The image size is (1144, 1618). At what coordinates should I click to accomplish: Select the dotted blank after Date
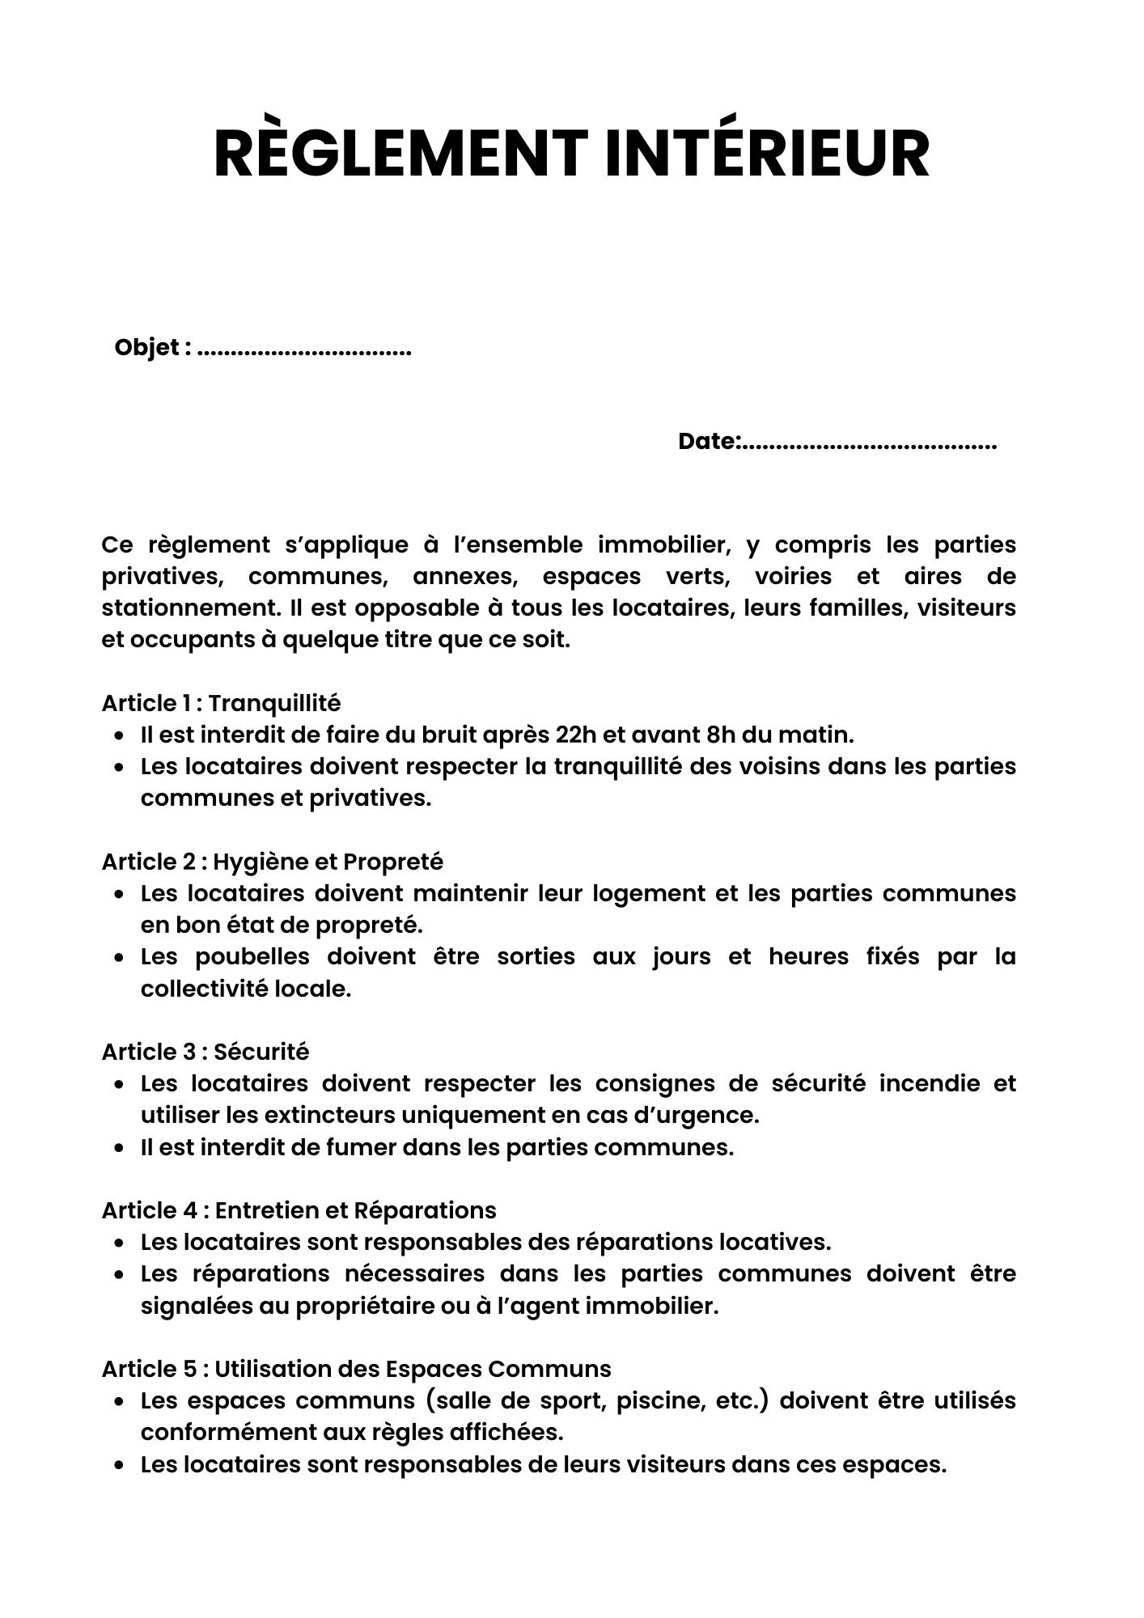871,444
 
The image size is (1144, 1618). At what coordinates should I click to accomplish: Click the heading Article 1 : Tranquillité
221,703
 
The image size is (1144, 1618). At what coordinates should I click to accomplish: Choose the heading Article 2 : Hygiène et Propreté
272,862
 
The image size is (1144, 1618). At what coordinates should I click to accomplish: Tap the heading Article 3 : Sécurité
205,1052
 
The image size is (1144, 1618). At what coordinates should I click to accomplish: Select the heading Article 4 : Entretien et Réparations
299,1210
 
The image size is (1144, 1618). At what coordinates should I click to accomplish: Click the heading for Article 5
356,1369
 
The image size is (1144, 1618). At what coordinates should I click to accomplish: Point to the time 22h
577,735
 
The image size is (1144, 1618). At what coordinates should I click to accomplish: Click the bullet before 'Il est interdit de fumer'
119,1148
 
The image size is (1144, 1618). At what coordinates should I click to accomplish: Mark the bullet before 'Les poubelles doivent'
119,958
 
